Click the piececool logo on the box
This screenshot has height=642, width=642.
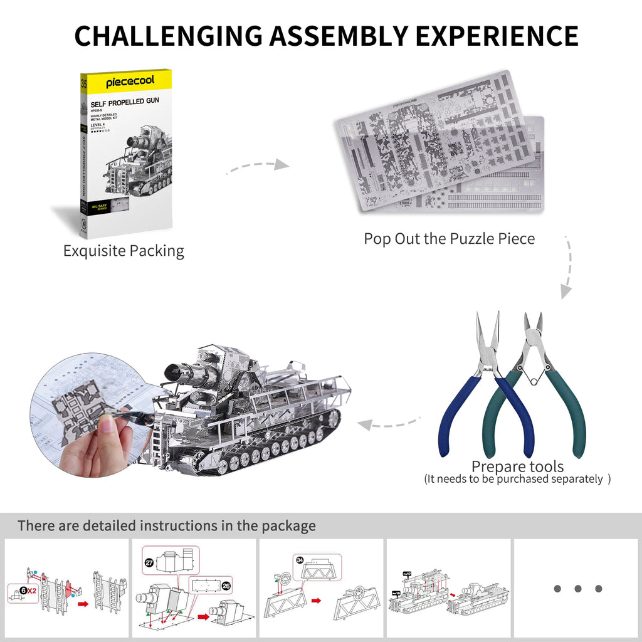coord(129,82)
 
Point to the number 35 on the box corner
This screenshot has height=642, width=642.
coord(84,81)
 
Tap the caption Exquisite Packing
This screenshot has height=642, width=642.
coord(124,251)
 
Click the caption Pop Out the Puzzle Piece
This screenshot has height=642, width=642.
coord(449,239)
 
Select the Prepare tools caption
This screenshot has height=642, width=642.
coord(517,466)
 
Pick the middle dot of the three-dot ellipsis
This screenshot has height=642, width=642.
coord(577,589)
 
